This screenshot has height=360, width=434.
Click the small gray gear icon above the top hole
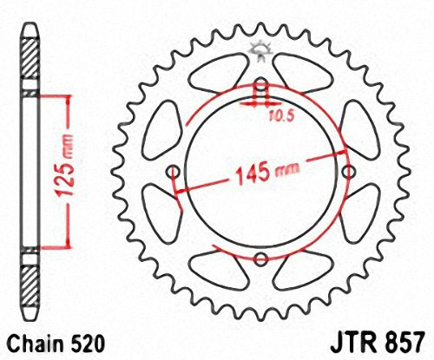coord(260,51)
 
